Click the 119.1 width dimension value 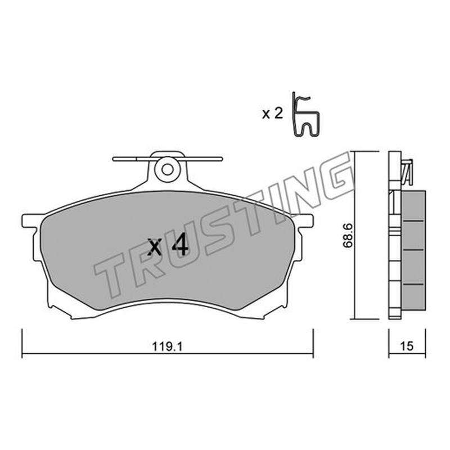[167, 347]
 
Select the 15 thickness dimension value [407, 346]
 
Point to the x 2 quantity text [272, 114]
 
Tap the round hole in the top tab [167, 169]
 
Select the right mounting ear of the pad [306, 220]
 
